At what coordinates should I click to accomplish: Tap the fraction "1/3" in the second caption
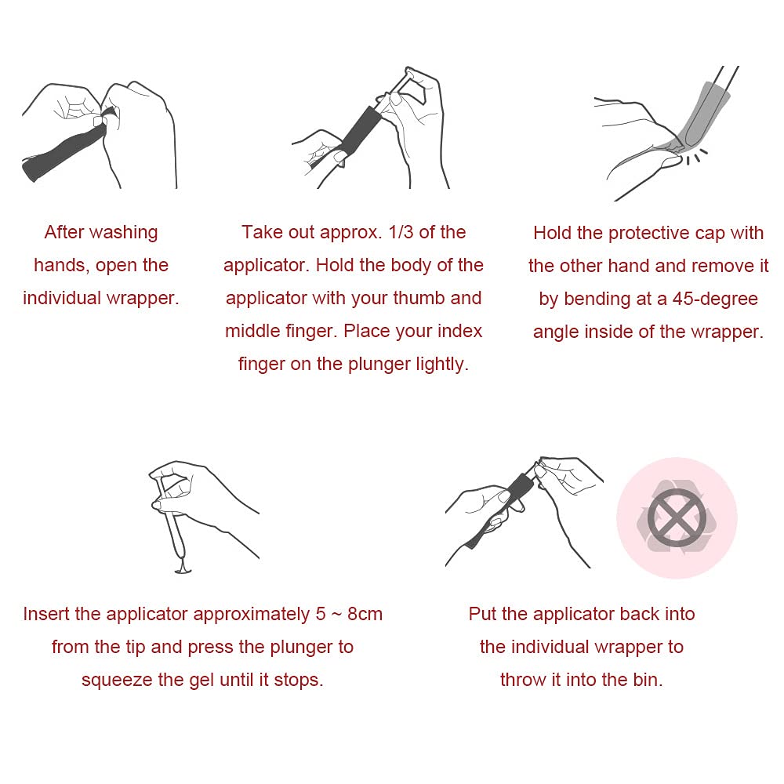coord(401,232)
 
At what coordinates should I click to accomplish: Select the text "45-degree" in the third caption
coord(715,299)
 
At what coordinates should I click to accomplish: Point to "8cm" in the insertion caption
coord(365,614)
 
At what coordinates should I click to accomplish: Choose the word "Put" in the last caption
coord(482,614)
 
